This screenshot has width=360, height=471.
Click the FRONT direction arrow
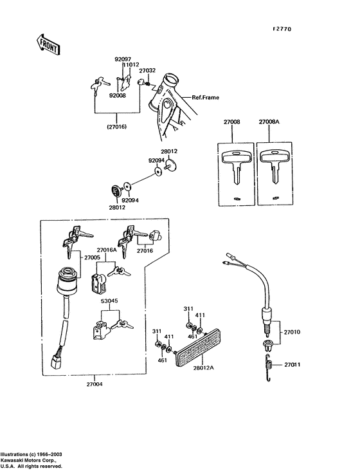(x=48, y=45)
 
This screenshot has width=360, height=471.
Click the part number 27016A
(x=107, y=250)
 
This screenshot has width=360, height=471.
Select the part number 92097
(x=123, y=59)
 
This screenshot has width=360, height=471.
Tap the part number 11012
(x=132, y=65)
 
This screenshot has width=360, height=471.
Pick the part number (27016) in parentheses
(x=116, y=127)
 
